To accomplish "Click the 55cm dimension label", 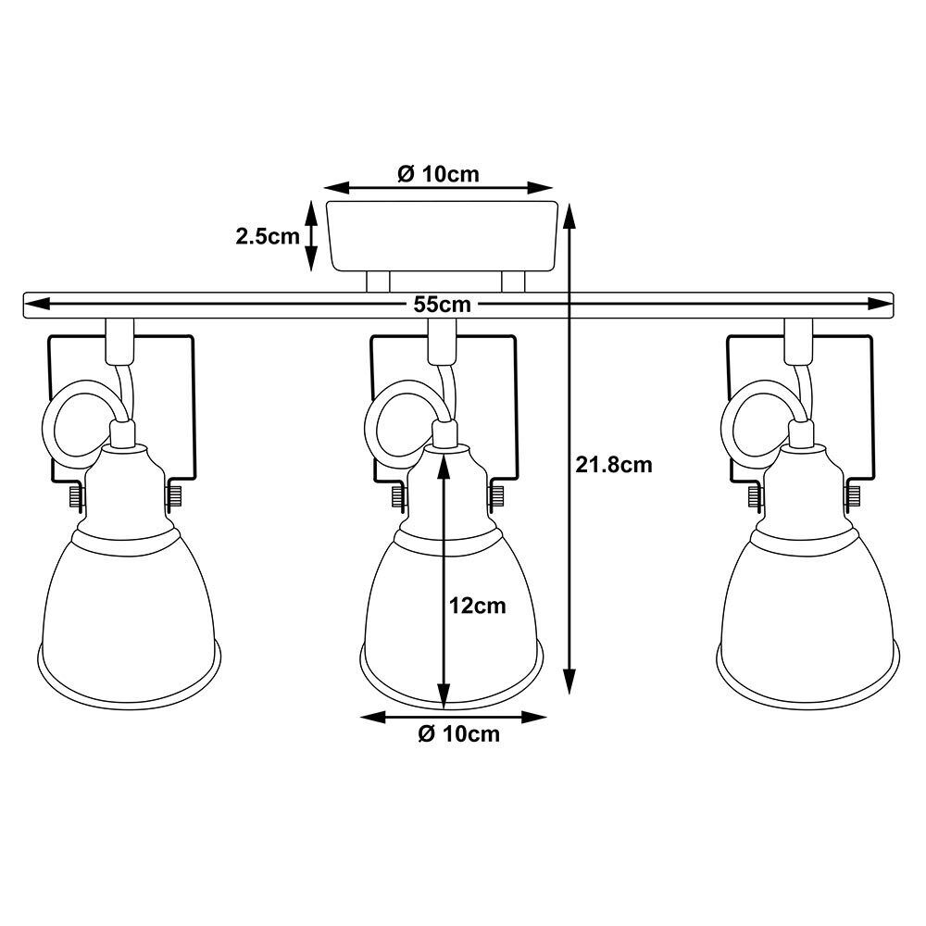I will pyautogui.click(x=443, y=305).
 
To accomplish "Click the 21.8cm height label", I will pyautogui.click(x=613, y=465).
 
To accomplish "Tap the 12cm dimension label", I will pyautogui.click(x=478, y=607).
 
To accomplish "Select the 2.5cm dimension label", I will pyautogui.click(x=268, y=236).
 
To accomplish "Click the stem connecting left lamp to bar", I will pyautogui.click(x=119, y=340).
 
